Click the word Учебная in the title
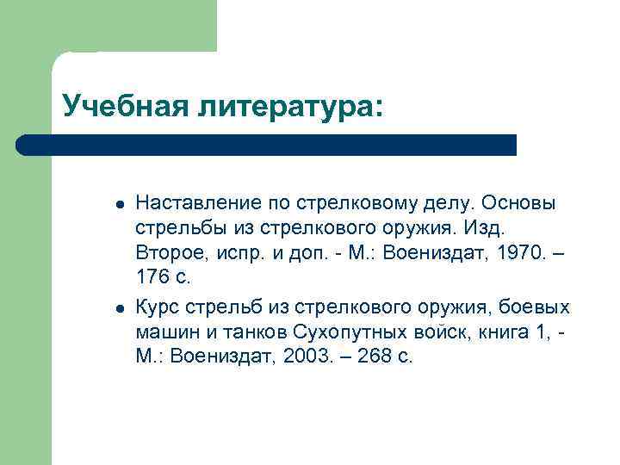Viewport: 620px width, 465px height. (x=121, y=107)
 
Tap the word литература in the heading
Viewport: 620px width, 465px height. (x=282, y=107)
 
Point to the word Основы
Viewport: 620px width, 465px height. (x=519, y=203)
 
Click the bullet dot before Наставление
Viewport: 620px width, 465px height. (x=120, y=205)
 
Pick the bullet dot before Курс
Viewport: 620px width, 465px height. (x=120, y=308)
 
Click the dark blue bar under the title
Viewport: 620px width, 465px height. (x=267, y=145)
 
